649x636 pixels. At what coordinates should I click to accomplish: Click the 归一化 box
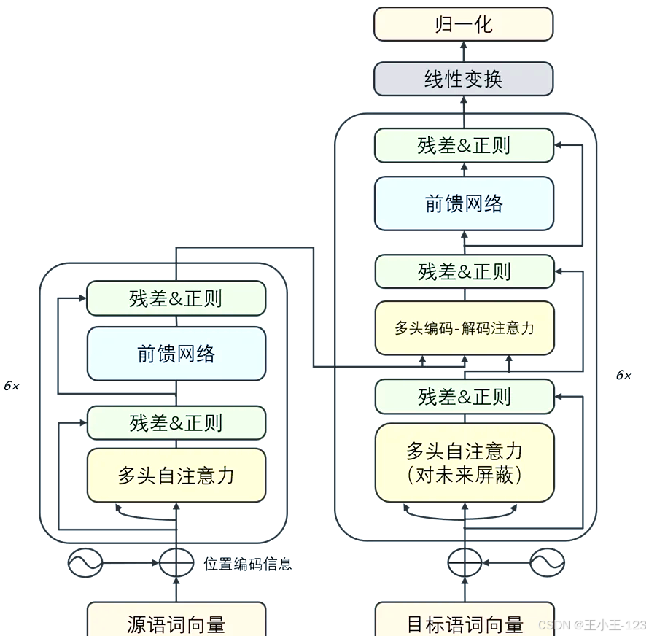[464, 24]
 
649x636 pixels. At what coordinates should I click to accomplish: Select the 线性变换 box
[464, 79]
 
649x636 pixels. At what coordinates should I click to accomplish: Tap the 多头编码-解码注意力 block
[464, 328]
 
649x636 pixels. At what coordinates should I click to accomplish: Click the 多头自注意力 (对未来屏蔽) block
[465, 462]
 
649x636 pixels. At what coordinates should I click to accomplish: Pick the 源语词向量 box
[176, 621]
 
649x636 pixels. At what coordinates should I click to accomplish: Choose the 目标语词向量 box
[465, 621]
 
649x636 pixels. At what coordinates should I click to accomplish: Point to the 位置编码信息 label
[248, 564]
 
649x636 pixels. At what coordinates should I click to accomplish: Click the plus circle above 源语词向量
[176, 563]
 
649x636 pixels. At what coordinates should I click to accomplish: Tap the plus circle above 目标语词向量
[465, 563]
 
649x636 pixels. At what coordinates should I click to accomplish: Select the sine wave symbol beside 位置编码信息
[85, 563]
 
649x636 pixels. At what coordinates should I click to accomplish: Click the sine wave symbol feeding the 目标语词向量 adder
[546, 563]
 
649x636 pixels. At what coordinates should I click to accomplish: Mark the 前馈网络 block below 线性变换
[464, 203]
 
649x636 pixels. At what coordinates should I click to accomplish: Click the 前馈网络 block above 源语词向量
[176, 354]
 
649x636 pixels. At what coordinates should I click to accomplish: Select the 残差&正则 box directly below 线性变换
[464, 145]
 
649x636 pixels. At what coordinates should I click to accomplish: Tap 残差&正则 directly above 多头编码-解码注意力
[464, 271]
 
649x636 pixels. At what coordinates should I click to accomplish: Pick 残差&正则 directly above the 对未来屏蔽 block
[464, 397]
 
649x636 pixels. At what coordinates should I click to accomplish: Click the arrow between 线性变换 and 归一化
[464, 52]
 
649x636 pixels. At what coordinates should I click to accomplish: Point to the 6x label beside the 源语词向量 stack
[12, 386]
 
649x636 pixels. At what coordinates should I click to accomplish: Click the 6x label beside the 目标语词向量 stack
[623, 375]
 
